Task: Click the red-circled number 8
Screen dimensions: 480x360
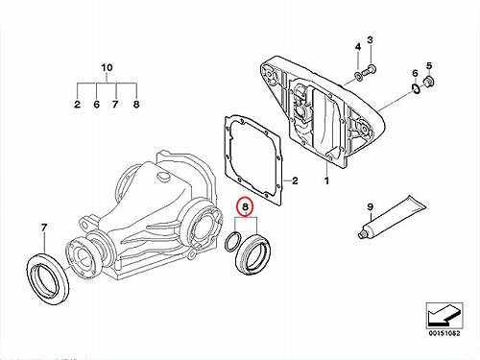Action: pyautogui.click(x=245, y=206)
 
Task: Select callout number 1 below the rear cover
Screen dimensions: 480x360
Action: pyautogui.click(x=326, y=180)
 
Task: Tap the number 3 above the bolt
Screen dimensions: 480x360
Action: pyautogui.click(x=370, y=40)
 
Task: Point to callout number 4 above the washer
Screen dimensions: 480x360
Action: pyautogui.click(x=358, y=47)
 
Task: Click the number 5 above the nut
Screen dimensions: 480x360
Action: pyautogui.click(x=429, y=65)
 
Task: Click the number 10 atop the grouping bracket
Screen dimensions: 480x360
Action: pyautogui.click(x=107, y=67)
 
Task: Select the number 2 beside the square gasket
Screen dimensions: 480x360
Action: pyautogui.click(x=295, y=180)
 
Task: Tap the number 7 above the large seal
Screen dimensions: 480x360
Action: pyautogui.click(x=44, y=228)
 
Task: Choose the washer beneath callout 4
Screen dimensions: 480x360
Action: pyautogui.click(x=358, y=77)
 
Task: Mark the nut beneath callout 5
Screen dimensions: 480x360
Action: pyautogui.click(x=428, y=81)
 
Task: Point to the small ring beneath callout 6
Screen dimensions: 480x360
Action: pyautogui.click(x=416, y=88)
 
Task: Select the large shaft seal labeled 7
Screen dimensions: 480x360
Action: pyautogui.click(x=47, y=277)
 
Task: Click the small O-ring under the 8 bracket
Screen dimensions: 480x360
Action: pyautogui.click(x=231, y=242)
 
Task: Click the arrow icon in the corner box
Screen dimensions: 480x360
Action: pyautogui.click(x=444, y=315)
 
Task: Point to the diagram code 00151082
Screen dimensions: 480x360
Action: pyautogui.click(x=444, y=333)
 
